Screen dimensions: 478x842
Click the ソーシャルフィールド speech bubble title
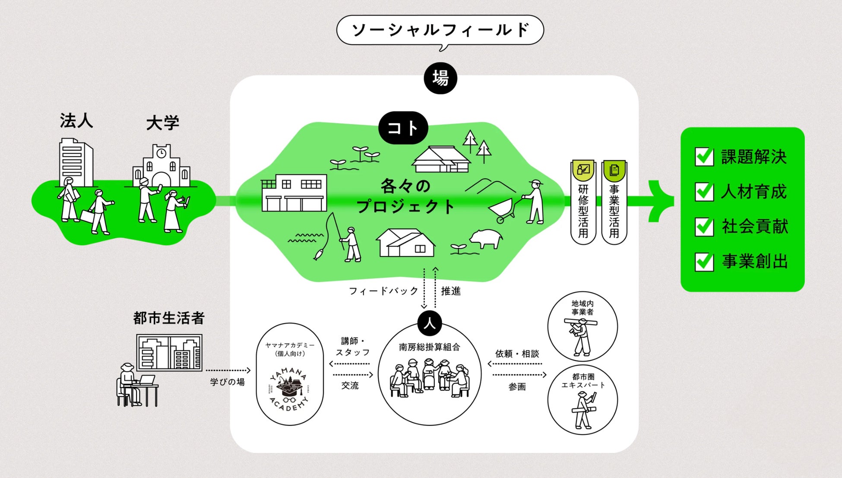(x=440, y=30)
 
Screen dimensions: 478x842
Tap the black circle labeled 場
(x=440, y=78)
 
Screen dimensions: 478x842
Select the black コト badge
(x=403, y=128)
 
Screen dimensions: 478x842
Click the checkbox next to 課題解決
(x=704, y=157)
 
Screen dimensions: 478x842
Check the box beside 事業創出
(x=704, y=262)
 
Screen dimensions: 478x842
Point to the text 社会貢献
(x=755, y=227)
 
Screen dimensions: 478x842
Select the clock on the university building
(x=161, y=153)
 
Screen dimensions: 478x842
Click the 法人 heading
(x=76, y=121)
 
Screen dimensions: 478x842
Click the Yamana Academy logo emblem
(x=289, y=389)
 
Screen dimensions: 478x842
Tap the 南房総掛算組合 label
(x=429, y=347)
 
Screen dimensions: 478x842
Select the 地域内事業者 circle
(x=582, y=326)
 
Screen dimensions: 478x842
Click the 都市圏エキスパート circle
(x=582, y=399)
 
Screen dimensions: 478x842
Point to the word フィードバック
(x=383, y=291)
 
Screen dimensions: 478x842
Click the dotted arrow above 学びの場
(x=228, y=370)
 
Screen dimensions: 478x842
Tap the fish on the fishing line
(x=318, y=255)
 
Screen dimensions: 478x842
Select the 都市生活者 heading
(x=169, y=318)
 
